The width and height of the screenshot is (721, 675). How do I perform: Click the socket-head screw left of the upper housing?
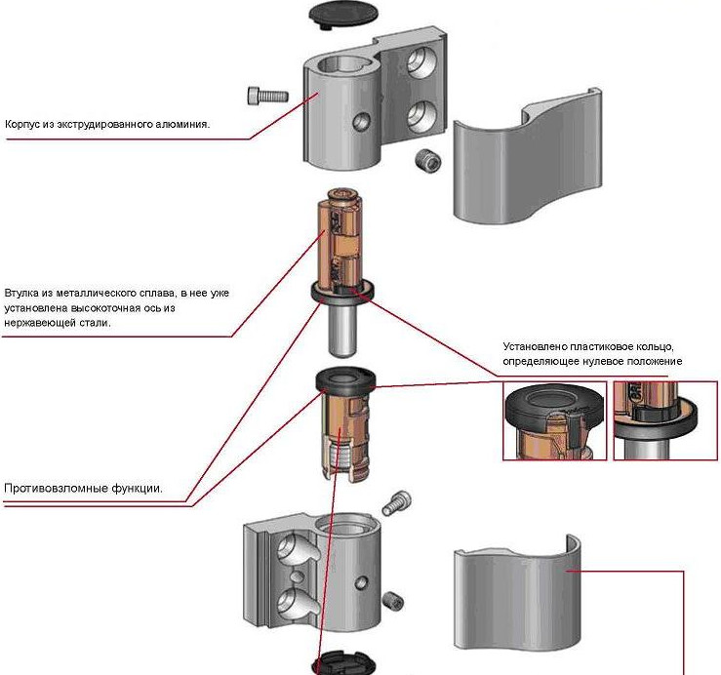point(267,96)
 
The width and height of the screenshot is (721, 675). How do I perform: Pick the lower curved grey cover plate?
point(517,602)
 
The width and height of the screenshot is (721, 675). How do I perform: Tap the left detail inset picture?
point(553,420)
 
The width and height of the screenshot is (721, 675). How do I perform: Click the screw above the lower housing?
point(396,503)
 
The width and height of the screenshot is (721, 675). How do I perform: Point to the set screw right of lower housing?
point(394,601)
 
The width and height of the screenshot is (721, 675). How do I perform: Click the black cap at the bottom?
point(341,664)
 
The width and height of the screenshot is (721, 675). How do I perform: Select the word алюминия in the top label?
point(184,124)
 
